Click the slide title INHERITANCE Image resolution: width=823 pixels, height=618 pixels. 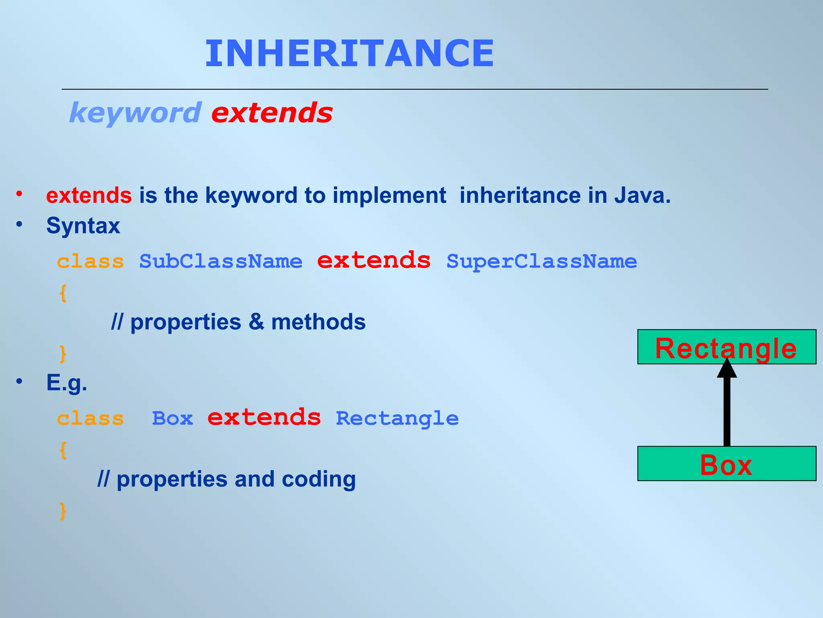[350, 54]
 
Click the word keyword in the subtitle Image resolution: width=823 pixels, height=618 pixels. [135, 113]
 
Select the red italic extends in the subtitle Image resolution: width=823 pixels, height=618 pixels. [272, 113]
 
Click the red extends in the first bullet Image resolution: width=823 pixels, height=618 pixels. [89, 196]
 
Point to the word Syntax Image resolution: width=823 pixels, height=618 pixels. [83, 226]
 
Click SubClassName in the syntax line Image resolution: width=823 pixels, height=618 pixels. [221, 262]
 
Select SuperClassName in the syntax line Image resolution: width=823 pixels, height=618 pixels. [542, 262]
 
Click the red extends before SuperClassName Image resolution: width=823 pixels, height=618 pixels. [374, 261]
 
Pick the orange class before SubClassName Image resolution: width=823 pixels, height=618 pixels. [90, 262]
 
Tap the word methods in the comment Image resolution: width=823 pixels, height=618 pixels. [318, 322]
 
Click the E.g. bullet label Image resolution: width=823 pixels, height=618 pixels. [67, 383]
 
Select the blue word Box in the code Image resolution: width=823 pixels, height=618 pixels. [172, 418]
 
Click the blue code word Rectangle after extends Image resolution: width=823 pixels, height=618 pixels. [397, 418]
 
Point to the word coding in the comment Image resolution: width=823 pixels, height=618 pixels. [318, 479]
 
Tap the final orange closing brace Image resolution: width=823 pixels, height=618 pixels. [63, 511]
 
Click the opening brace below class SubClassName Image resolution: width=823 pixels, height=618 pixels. [63, 293]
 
